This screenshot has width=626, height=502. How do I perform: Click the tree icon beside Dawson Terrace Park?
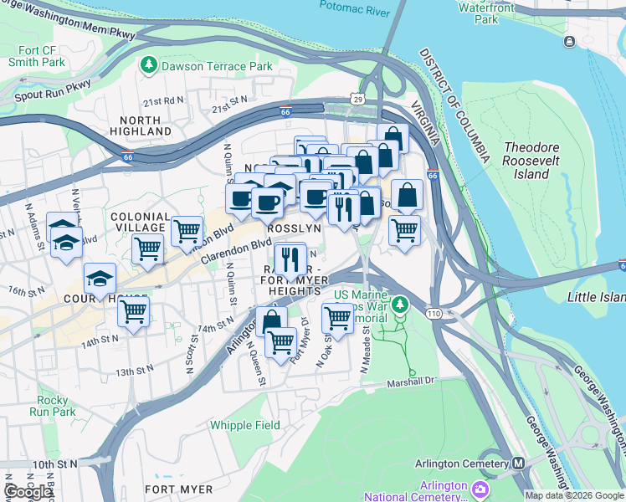[x=149, y=64]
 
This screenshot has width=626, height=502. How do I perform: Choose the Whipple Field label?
[x=245, y=425]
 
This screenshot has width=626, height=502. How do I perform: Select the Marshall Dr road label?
[x=412, y=383]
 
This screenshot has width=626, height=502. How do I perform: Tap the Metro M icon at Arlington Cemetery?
[x=518, y=464]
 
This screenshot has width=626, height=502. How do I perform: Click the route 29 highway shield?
[x=357, y=100]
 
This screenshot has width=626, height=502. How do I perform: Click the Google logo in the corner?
[x=28, y=492]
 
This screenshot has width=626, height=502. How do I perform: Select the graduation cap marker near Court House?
[x=100, y=279]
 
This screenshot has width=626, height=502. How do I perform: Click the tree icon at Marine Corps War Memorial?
[x=401, y=303]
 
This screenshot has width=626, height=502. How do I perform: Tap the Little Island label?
[x=597, y=297]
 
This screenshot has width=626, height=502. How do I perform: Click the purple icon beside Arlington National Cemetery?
[x=480, y=488]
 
